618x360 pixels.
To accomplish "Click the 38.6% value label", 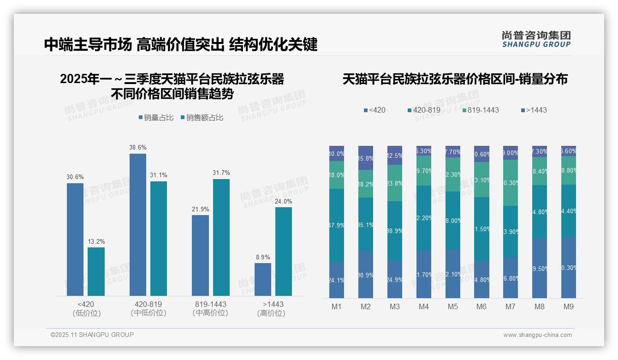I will [138, 148].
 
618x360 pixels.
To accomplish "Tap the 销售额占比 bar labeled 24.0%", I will [284, 252].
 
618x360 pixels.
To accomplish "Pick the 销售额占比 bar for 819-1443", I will [221, 237].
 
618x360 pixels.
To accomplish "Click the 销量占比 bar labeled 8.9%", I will [263, 279].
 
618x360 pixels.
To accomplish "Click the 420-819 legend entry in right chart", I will [424, 110].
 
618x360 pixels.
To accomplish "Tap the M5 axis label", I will [452, 306].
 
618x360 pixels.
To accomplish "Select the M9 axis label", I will [568, 306].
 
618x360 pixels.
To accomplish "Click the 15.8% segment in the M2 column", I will [366, 158].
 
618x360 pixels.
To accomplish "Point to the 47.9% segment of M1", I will [337, 225].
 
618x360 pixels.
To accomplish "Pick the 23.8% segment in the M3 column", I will [395, 183].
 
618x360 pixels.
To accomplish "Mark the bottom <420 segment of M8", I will [540, 268].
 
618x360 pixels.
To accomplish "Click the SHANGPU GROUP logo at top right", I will [536, 39].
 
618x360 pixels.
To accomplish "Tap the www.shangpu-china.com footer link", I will [537, 335].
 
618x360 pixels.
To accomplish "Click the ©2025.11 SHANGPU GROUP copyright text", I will [92, 335].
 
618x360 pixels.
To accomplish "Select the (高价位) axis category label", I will [271, 313].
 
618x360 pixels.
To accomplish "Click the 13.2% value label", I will [96, 242].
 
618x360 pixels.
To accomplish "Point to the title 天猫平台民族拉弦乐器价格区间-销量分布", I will [455, 79].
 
